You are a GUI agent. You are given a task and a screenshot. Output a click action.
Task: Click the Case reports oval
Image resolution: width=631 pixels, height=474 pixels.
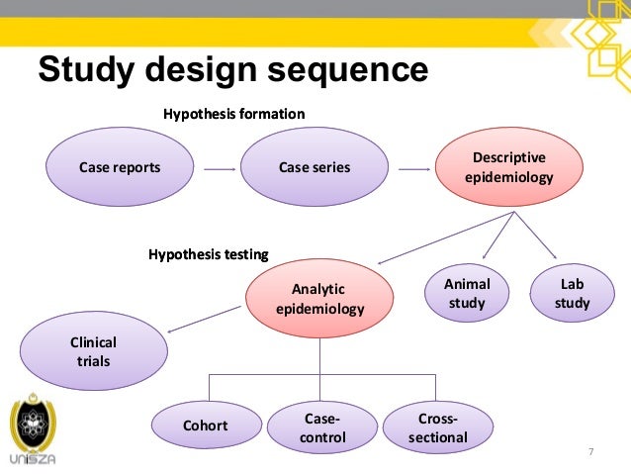(120, 167)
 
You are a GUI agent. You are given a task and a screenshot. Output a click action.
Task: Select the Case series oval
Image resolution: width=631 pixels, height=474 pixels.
(315, 167)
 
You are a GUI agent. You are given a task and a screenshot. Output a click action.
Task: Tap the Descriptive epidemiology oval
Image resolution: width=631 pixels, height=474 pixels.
(508, 167)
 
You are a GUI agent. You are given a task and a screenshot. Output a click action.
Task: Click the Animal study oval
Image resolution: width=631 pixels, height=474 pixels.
(467, 293)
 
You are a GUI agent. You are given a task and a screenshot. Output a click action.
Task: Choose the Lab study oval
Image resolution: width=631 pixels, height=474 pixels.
(572, 293)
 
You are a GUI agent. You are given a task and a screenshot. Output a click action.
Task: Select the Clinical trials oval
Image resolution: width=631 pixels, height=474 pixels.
(93, 351)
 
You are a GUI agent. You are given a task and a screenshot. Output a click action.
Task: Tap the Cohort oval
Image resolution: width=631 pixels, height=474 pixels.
(205, 426)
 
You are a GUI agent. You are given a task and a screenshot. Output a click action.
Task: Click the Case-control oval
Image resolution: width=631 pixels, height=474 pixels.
(323, 427)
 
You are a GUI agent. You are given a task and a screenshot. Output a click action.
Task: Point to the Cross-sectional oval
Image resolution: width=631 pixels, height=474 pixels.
(437, 427)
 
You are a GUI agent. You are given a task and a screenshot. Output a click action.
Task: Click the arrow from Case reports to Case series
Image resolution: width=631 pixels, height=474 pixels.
(219, 169)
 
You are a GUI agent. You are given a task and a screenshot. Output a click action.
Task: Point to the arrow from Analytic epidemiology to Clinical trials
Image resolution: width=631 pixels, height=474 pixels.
(209, 320)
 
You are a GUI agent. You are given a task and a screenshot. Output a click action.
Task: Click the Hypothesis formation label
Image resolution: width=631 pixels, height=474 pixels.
(233, 115)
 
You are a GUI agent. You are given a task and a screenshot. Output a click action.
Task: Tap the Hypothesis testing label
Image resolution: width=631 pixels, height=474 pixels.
(209, 254)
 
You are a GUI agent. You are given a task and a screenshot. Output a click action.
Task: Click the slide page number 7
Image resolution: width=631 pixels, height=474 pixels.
(590, 452)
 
